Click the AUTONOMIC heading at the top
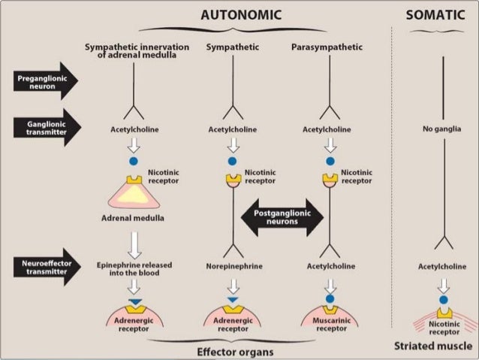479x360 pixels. [x=240, y=14]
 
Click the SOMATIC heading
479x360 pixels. [x=435, y=14]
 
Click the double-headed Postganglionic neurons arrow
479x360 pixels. [x=282, y=218]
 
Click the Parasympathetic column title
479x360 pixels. [x=327, y=47]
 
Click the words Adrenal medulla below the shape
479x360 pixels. [x=134, y=219]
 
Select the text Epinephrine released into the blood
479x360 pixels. [x=134, y=269]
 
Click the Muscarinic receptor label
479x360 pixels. [x=331, y=325]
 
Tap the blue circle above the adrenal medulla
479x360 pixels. [x=134, y=161]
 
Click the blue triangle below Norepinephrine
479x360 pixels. [x=233, y=301]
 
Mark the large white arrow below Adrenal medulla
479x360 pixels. [x=134, y=244]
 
